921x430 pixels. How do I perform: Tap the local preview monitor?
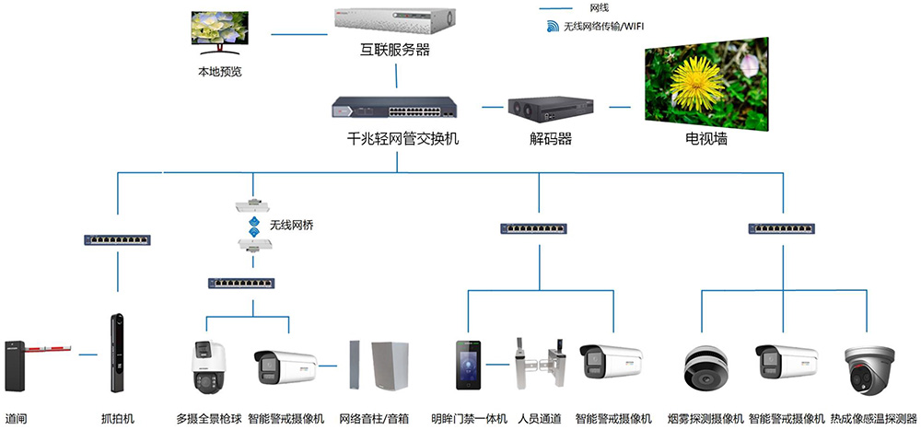(220, 33)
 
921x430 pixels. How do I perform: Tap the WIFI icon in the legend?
(554, 27)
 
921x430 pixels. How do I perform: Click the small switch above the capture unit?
(118, 239)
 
